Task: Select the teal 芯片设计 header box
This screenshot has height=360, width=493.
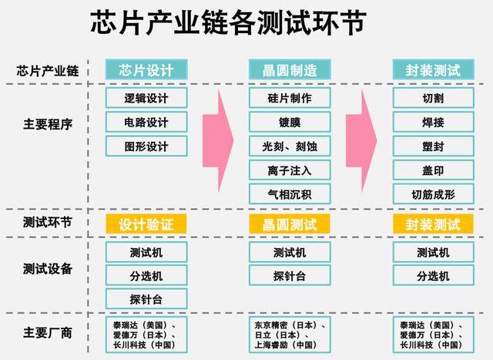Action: pos(147,70)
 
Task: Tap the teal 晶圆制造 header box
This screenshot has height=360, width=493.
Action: pos(290,70)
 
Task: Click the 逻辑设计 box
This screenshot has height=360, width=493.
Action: pos(146,99)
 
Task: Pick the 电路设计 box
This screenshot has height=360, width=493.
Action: pos(146,123)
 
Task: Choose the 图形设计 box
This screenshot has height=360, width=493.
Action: pos(146,146)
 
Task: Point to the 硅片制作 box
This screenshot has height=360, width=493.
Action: pos(290,99)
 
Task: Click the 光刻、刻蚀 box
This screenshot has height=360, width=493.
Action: pos(290,146)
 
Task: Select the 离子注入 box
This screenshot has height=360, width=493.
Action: pos(290,170)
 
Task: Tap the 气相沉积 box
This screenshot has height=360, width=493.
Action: pos(290,193)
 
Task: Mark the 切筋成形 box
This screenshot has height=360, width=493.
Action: pos(433,193)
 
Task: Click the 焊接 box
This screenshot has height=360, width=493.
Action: pos(433,123)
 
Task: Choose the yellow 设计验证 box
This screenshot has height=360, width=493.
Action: pos(146,224)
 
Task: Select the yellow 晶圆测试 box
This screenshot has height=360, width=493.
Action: pos(290,224)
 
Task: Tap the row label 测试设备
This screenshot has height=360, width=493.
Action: pos(48,268)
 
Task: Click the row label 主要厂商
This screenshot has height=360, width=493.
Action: pos(48,334)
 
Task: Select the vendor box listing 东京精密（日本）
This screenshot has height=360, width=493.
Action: pos(290,335)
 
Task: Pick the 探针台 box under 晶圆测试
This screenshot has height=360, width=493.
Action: pos(290,276)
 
